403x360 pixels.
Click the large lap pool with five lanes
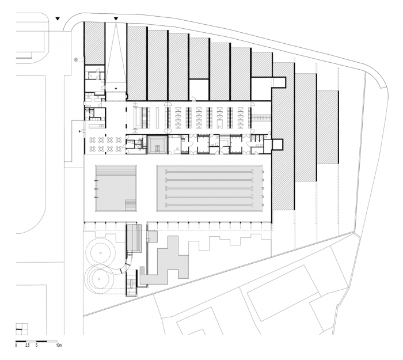(x=210, y=188)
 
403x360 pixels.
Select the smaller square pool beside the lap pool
(x=116, y=189)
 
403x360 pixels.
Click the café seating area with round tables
(x=104, y=143)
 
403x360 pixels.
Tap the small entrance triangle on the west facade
(x=80, y=131)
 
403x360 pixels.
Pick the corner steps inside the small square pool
(x=131, y=205)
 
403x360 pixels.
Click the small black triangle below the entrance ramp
(x=116, y=88)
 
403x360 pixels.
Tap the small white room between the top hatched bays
(x=199, y=88)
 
